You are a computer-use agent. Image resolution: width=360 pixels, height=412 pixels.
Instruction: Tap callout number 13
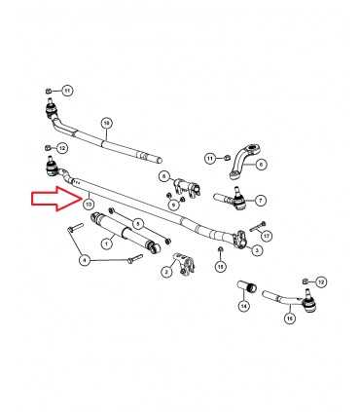(x=89, y=205)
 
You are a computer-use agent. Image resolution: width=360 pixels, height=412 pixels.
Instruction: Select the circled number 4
(x=84, y=260)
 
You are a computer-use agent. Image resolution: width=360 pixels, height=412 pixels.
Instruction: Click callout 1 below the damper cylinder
(x=131, y=263)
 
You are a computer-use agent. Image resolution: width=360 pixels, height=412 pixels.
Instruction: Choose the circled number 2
(x=166, y=273)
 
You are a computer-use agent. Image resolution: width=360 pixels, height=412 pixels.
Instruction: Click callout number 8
(x=165, y=176)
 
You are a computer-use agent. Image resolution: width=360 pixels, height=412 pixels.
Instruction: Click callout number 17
(x=267, y=235)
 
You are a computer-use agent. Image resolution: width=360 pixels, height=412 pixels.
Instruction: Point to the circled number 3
(x=256, y=250)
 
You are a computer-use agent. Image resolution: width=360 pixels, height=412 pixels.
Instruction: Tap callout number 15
(x=221, y=265)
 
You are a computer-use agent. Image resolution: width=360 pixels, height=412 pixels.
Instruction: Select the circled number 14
(x=243, y=306)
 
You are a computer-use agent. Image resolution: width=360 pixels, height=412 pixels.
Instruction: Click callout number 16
(x=288, y=316)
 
